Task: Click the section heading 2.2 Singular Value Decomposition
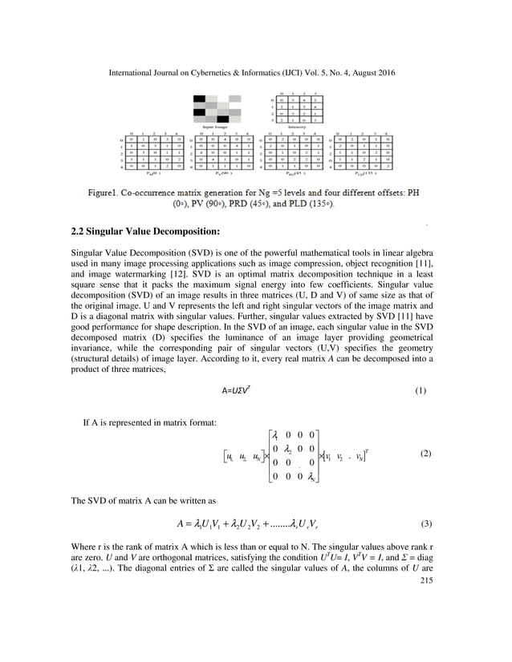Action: (145, 232)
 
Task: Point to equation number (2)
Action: (420, 454)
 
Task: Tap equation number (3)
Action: (420, 525)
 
